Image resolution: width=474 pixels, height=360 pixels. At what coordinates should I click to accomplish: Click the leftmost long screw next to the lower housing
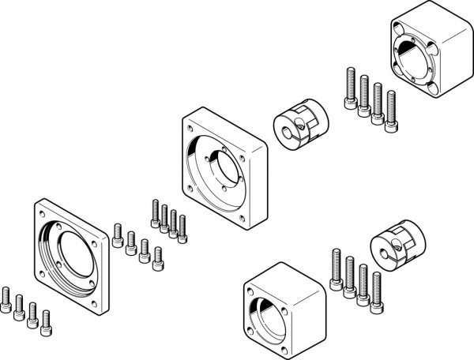[x=336, y=269]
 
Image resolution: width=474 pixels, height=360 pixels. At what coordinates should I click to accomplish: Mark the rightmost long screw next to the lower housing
[x=376, y=291]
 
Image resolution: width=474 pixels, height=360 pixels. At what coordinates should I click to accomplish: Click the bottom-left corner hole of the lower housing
[x=252, y=332]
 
